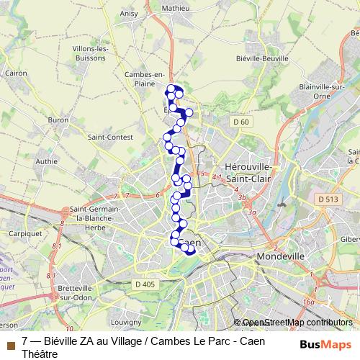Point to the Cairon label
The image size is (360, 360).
click(x=16, y=73)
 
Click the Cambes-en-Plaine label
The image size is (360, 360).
click(x=145, y=78)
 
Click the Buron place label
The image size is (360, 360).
click(x=58, y=120)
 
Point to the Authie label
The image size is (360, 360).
click(x=45, y=162)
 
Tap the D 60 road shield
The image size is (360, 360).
click(x=240, y=122)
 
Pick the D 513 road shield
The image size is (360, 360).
click(x=326, y=198)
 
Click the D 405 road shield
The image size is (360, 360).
click(x=145, y=284)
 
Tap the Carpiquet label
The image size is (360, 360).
click(x=19, y=233)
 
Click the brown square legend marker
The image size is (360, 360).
click(x=10, y=346)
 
